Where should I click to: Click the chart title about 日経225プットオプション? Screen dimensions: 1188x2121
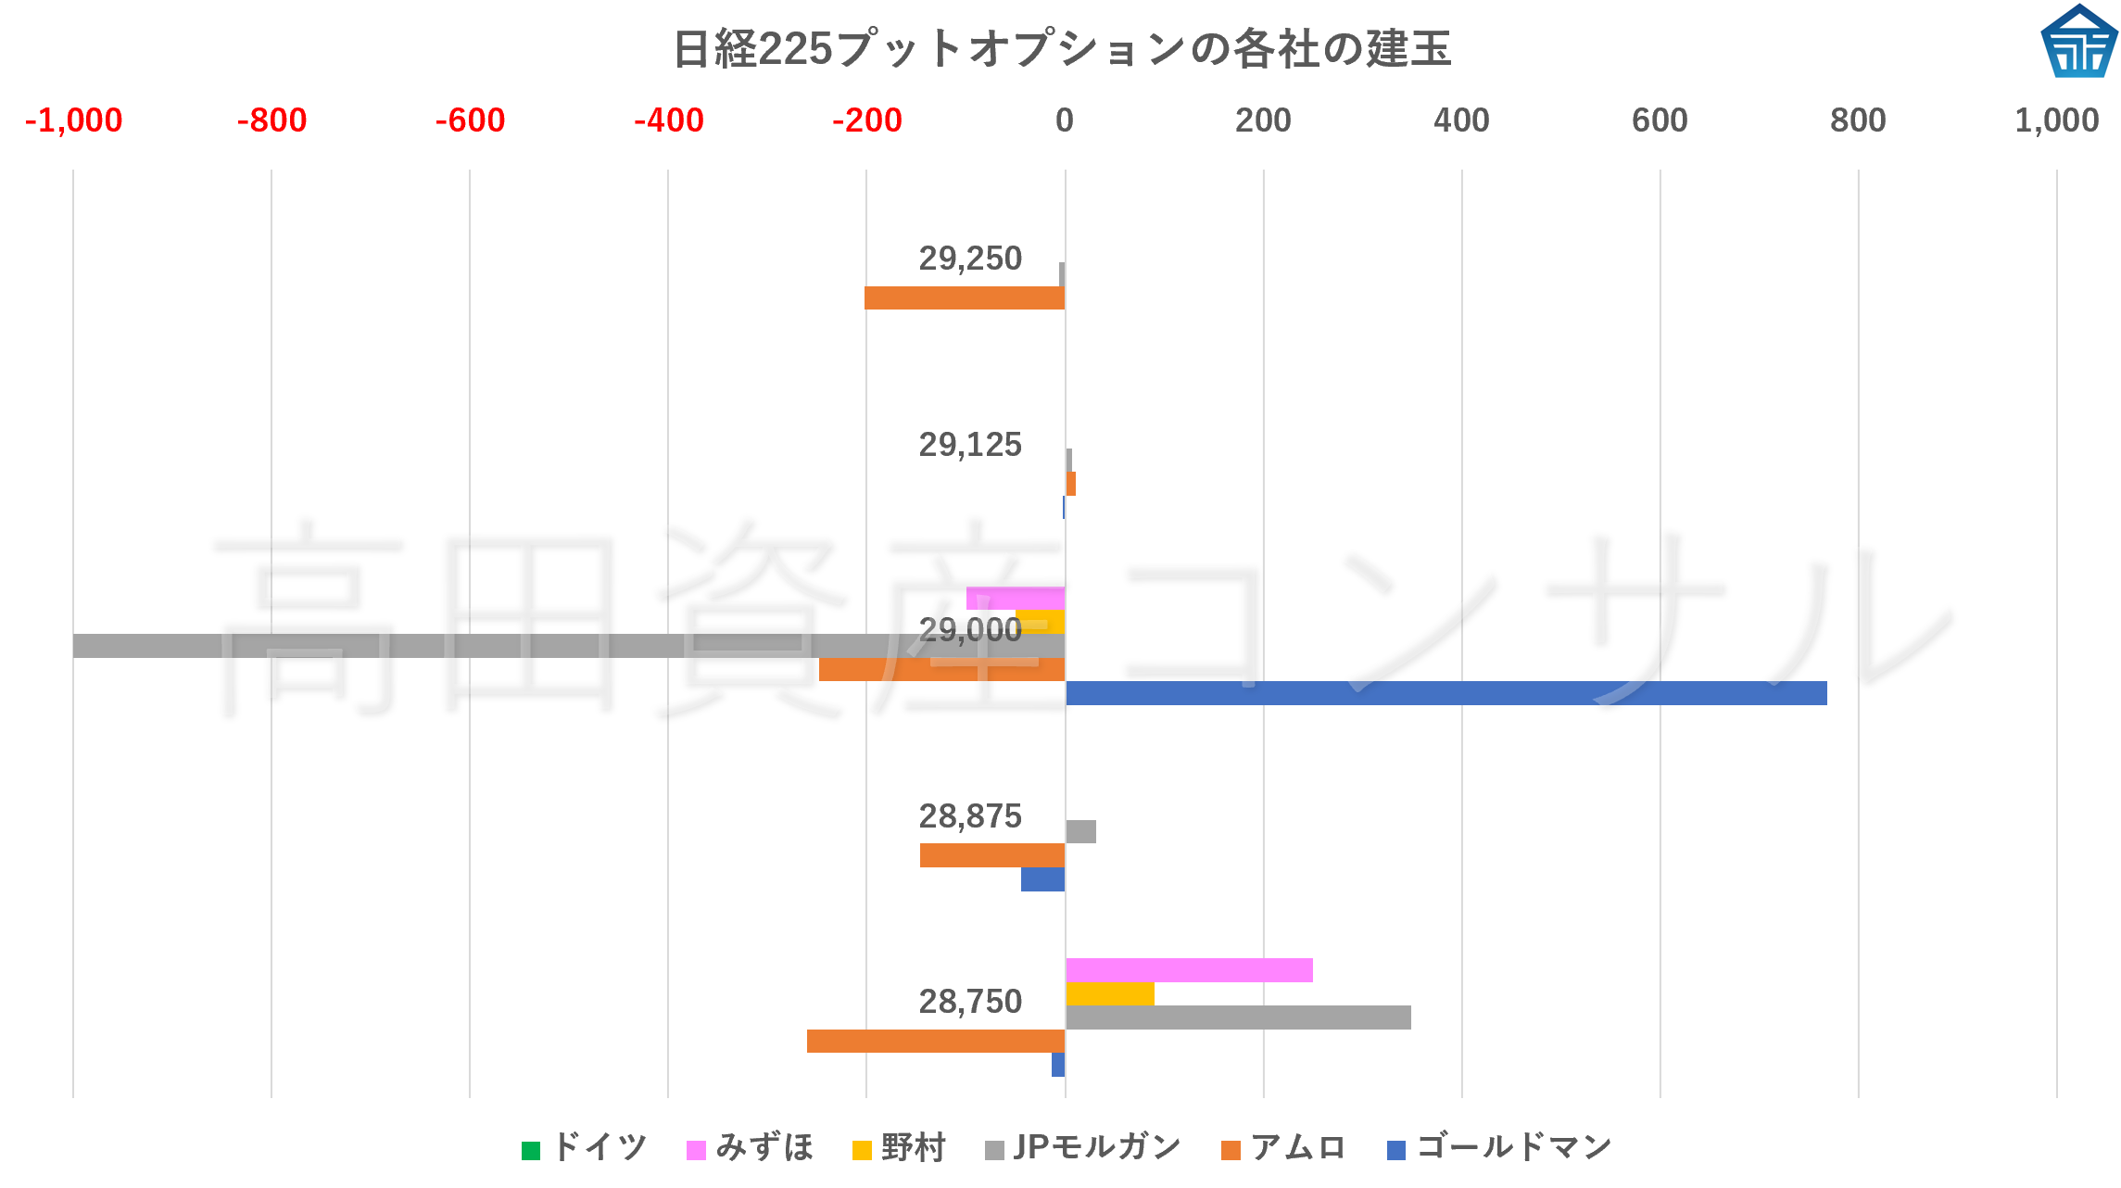point(1061,49)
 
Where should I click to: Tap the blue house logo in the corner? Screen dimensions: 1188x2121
point(2078,42)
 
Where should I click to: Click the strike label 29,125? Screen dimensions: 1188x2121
point(969,445)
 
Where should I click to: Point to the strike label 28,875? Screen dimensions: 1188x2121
point(969,816)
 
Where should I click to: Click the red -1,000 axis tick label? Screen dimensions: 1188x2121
point(73,120)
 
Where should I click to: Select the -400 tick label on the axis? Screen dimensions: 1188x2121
point(668,120)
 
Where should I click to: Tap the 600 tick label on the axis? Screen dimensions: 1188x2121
point(1659,120)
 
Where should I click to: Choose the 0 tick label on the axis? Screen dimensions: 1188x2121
point(1065,120)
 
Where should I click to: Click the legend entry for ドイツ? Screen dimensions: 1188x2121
point(585,1147)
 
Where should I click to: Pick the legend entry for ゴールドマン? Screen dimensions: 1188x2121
point(1500,1147)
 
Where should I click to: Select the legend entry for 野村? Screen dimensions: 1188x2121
point(900,1147)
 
